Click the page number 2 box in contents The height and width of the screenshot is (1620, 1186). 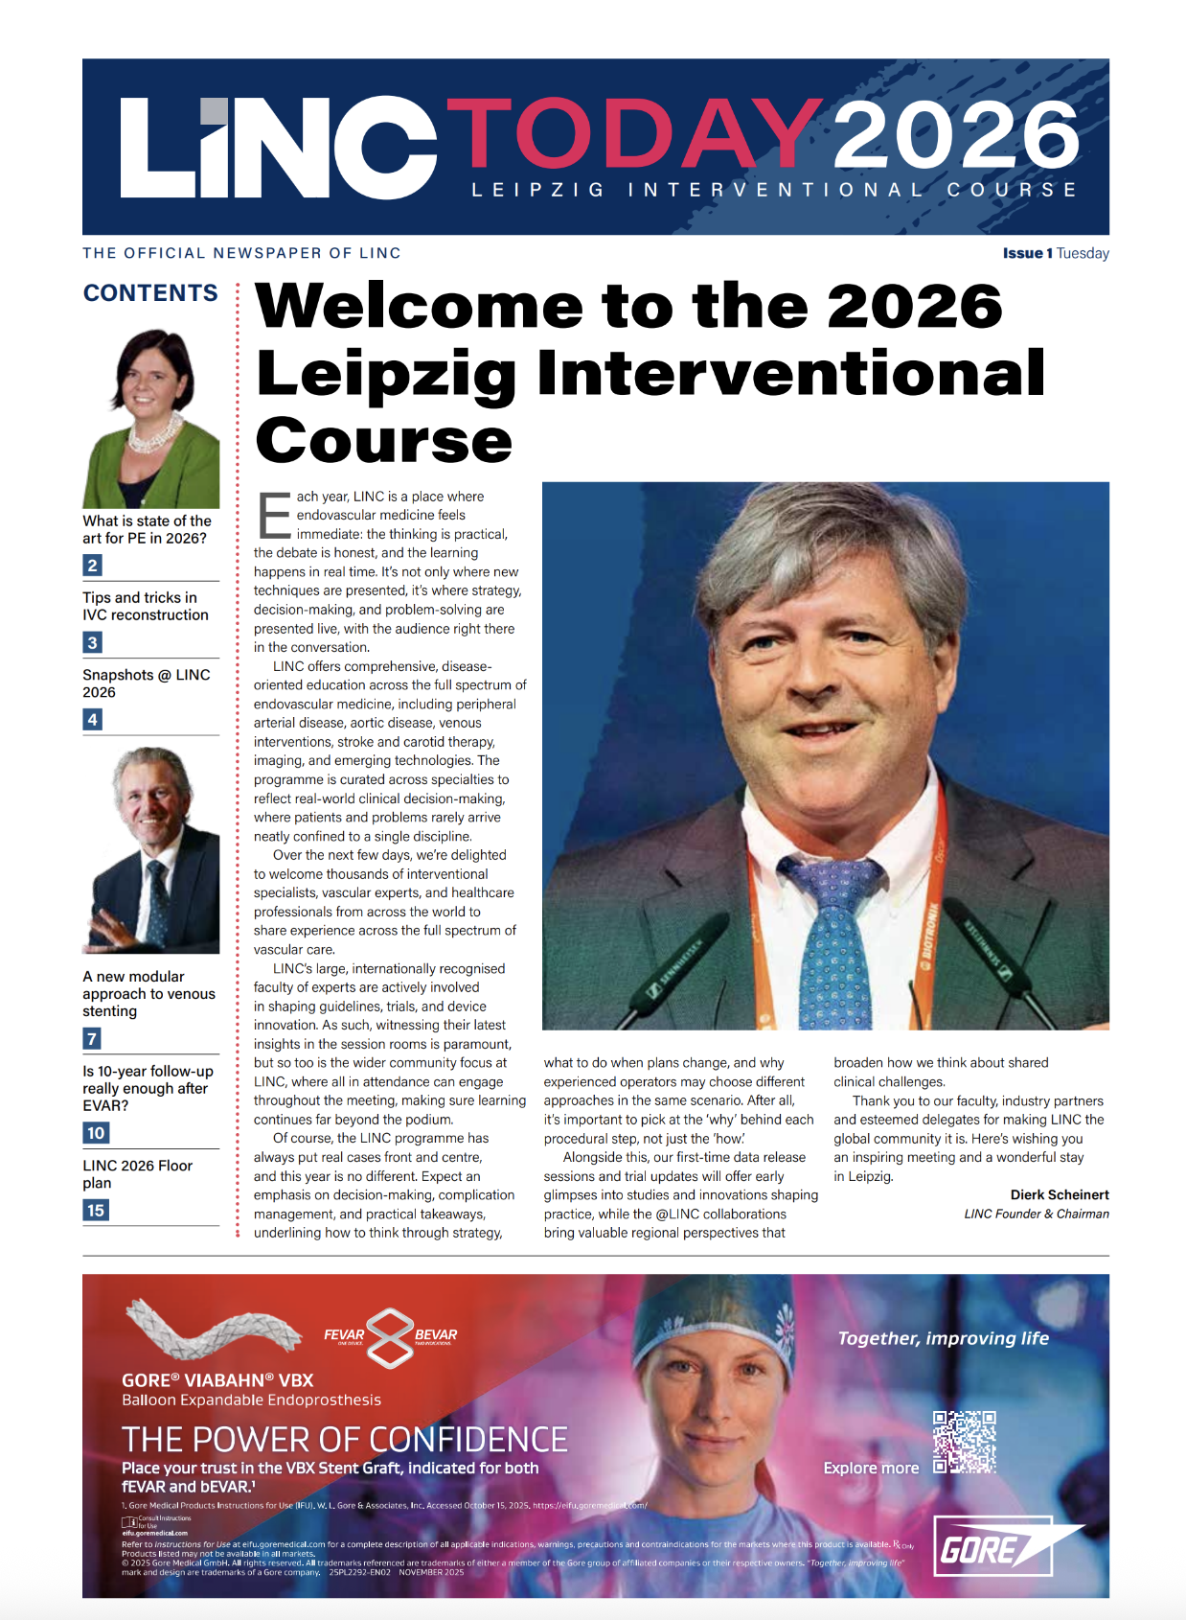point(92,566)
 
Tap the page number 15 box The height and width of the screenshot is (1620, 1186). point(96,1211)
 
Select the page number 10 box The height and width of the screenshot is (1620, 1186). point(96,1133)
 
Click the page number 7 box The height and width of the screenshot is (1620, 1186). point(92,1038)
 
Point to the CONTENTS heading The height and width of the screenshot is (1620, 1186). point(150,293)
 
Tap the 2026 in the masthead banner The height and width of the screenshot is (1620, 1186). point(955,136)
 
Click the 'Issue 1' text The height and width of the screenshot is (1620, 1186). point(1027,253)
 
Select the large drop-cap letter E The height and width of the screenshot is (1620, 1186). point(274,516)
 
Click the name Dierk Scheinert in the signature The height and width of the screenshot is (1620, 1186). point(1059,1194)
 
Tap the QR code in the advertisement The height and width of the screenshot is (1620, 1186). point(964,1442)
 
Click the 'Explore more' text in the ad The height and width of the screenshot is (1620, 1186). point(871,1468)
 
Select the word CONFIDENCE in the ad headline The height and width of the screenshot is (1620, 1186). point(468,1440)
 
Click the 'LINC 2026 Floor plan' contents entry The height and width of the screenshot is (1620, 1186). point(137,1173)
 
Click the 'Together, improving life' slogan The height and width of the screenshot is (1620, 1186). point(943,1338)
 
